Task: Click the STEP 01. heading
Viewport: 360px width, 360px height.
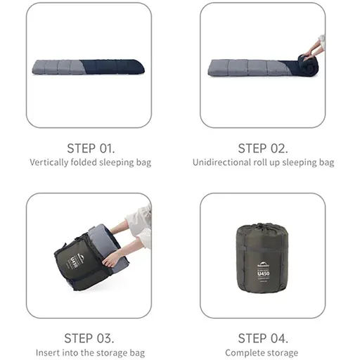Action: point(91,148)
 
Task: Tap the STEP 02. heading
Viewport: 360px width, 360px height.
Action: point(263,148)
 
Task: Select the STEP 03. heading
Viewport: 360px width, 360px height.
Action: point(89,338)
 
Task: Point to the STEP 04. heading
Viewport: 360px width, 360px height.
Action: point(263,338)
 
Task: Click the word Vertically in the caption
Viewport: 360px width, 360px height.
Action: point(49,162)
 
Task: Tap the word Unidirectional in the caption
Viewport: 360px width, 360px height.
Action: point(221,162)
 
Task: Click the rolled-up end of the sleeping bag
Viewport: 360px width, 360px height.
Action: point(308,65)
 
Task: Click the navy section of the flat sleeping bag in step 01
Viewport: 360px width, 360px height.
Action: point(113,67)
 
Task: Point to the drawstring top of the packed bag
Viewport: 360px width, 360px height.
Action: point(262,227)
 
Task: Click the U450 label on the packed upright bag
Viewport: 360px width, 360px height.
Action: point(264,274)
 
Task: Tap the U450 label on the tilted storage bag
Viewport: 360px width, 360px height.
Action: point(74,263)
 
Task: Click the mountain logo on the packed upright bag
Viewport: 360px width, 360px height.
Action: point(264,264)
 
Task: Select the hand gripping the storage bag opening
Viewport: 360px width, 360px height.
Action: point(111,259)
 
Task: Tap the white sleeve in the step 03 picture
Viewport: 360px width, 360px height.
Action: point(139,225)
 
